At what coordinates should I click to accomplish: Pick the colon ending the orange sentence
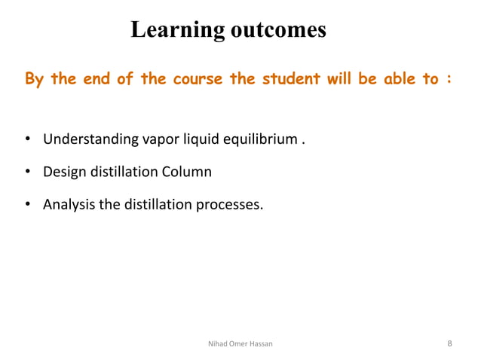tap(449, 80)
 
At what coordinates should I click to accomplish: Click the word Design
tap(64, 172)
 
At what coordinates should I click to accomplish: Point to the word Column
tap(186, 172)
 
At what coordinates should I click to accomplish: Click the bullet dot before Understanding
tap(27, 140)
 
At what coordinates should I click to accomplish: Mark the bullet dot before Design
tap(27, 172)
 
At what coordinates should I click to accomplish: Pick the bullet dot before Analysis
tap(27, 205)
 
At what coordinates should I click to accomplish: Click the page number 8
tap(449, 343)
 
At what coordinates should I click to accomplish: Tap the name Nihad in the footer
tap(218, 344)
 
